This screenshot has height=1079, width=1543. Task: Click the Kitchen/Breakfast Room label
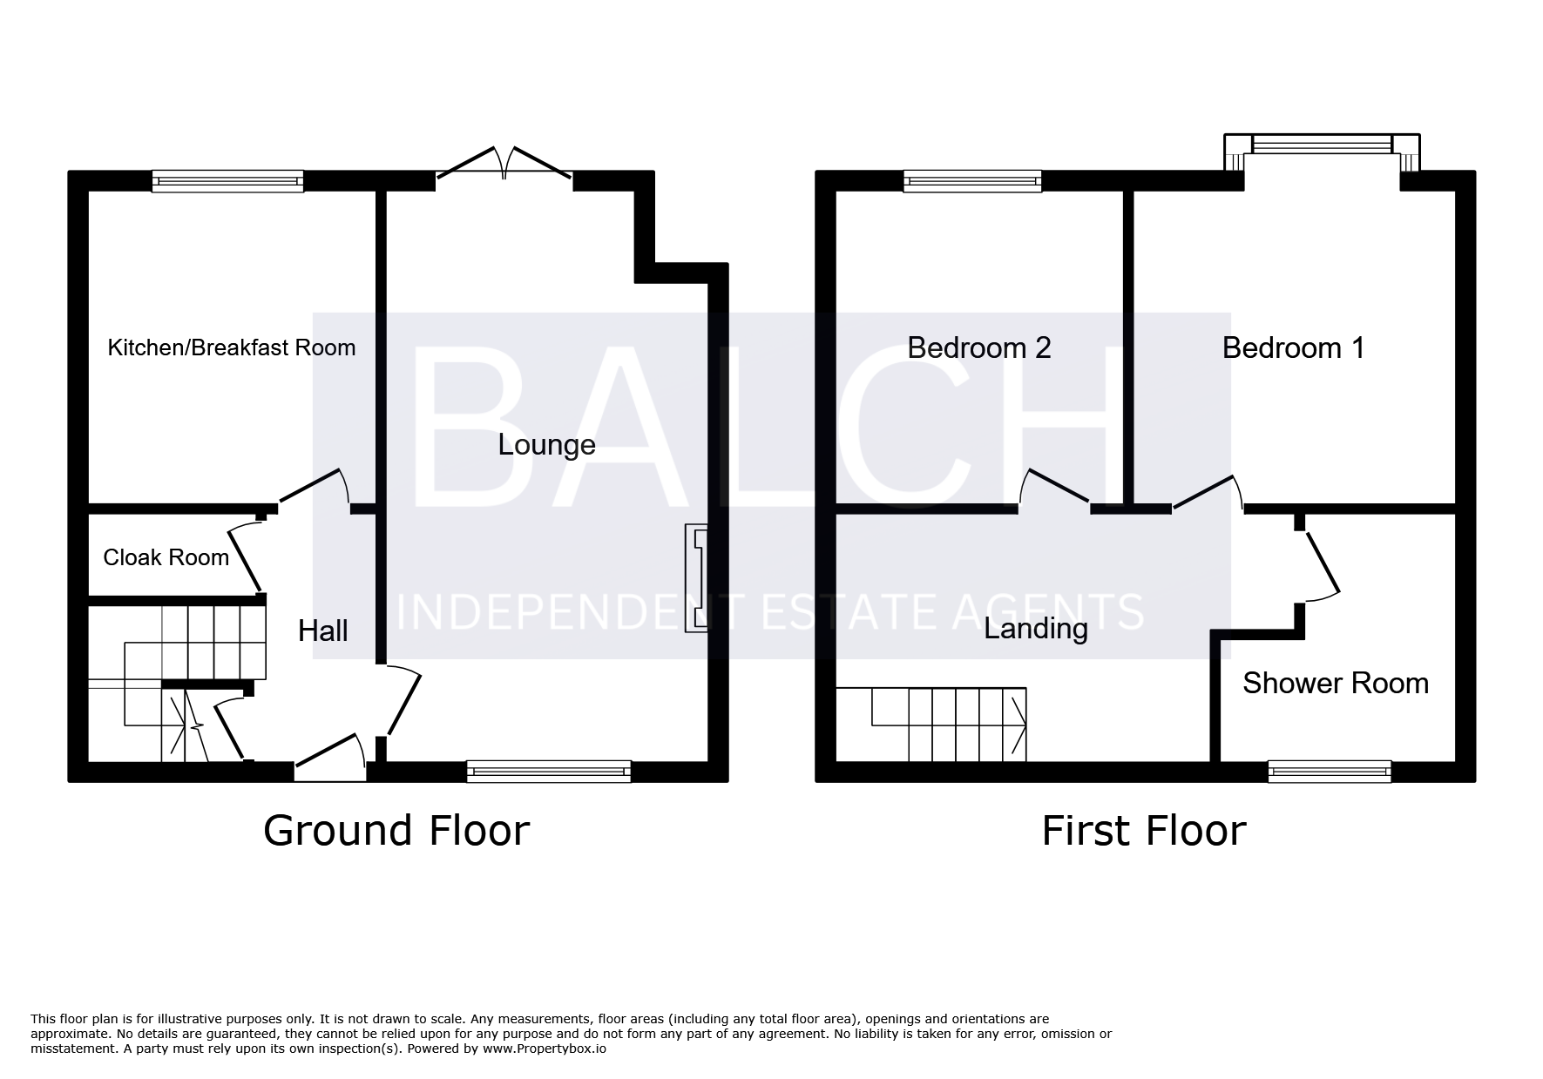pyautogui.click(x=231, y=347)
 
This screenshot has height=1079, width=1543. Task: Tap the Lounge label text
pyautogui.click(x=547, y=445)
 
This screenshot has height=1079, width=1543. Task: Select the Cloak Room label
pyautogui.click(x=166, y=557)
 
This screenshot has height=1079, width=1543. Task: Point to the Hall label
pyautogui.click(x=323, y=631)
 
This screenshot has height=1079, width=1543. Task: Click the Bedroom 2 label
pyautogui.click(x=979, y=347)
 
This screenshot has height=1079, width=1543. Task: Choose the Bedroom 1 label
pyautogui.click(x=1293, y=347)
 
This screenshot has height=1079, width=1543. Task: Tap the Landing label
pyautogui.click(x=1036, y=629)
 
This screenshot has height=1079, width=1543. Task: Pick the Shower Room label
pyautogui.click(x=1336, y=683)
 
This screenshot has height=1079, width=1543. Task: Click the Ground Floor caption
pyautogui.click(x=396, y=831)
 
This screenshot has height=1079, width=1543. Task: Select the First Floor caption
pyautogui.click(x=1144, y=831)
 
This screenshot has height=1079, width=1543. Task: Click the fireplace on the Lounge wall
pyautogui.click(x=696, y=578)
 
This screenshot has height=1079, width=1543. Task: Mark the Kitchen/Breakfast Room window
pyautogui.click(x=228, y=181)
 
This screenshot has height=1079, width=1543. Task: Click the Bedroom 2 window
pyautogui.click(x=973, y=181)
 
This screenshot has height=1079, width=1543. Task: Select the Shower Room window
pyautogui.click(x=1330, y=771)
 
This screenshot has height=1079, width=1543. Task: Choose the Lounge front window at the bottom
pyautogui.click(x=549, y=771)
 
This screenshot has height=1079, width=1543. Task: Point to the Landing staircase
pyautogui.click(x=931, y=725)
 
